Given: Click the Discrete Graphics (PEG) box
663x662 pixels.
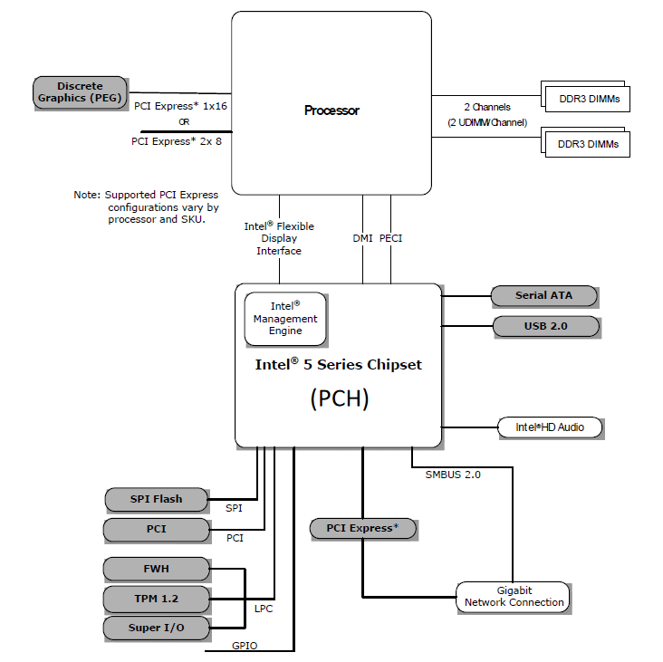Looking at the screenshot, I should point(80,91).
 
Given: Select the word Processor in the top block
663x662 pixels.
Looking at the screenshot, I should point(331,110).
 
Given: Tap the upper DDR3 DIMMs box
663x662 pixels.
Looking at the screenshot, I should point(589,99).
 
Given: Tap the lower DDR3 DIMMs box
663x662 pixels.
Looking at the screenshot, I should point(589,144).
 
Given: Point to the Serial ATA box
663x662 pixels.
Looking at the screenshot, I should point(543,295).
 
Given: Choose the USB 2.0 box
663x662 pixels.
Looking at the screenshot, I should point(545,325).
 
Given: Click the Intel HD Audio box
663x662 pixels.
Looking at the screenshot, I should point(550,427).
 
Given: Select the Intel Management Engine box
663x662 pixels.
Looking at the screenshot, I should point(285,319).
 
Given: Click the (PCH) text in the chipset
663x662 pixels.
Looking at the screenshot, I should point(340,398).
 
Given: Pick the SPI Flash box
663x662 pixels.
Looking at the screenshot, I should point(156,499).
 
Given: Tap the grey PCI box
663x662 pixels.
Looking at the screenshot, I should point(156,528).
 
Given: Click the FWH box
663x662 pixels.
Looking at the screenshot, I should point(156,569).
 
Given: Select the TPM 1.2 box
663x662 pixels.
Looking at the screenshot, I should point(156,599).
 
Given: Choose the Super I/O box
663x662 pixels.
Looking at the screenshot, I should point(156,628).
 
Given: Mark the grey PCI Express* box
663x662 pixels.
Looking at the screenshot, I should point(362,528).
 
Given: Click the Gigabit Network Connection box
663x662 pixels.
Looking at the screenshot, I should point(514,596).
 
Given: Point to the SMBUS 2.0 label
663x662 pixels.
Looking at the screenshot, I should point(453,474).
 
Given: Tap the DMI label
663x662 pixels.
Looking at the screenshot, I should point(362,238).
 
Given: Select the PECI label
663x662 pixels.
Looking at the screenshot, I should point(391,238).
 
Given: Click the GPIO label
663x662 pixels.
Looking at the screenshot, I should point(245,645).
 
